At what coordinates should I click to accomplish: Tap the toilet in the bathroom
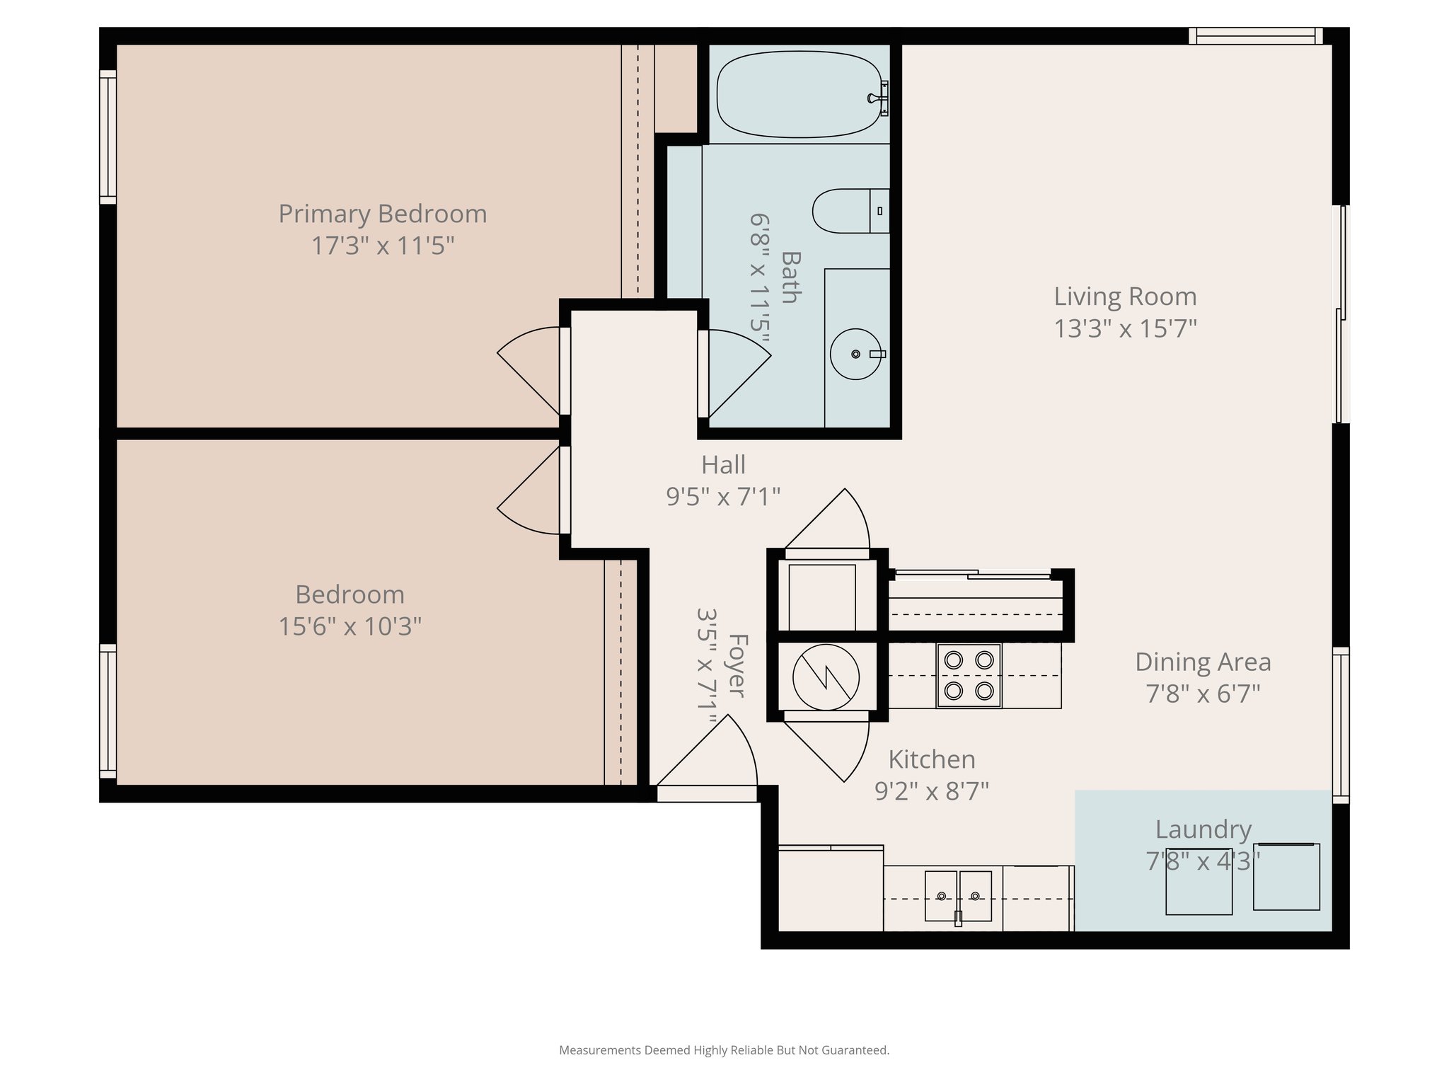pos(849,211)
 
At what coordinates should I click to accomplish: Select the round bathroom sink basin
pos(855,354)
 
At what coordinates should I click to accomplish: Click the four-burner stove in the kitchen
pos(969,675)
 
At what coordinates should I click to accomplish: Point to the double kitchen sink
pos(958,896)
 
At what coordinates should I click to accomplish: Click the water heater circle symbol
pos(826,677)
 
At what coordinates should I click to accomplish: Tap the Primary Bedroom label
pos(382,214)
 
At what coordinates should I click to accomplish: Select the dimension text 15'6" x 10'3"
pos(350,626)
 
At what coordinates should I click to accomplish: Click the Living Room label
pos(1125,297)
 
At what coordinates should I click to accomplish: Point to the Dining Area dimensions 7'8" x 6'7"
pos(1203,694)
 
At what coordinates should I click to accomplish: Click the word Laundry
pos(1203,829)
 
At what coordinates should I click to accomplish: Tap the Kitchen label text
pos(931,759)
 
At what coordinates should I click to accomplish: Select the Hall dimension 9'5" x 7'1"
pos(723,497)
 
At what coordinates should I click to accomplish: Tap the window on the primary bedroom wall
pos(108,137)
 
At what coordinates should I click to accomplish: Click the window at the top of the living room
pos(1255,35)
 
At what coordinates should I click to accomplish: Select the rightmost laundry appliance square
pos(1286,876)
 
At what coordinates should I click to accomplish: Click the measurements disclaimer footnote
pos(724,1050)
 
